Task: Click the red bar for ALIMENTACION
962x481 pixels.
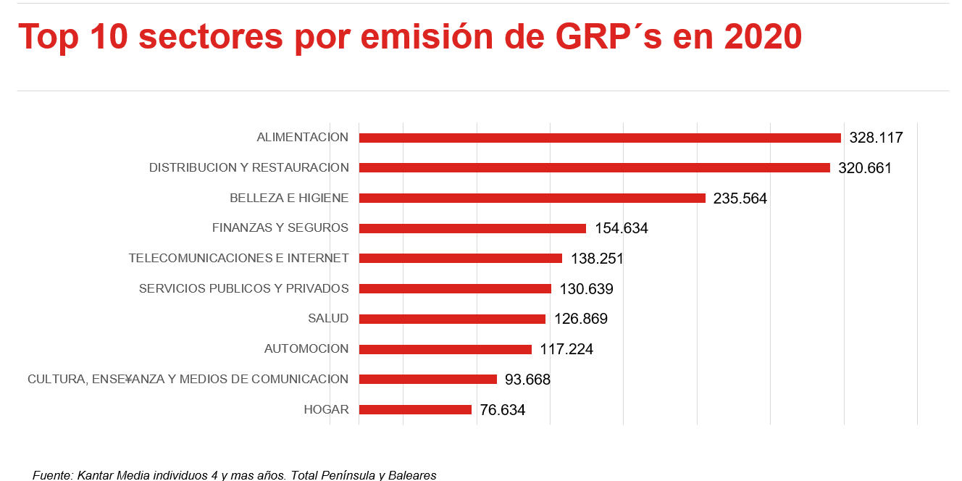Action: (x=600, y=138)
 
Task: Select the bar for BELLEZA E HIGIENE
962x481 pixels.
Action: (x=532, y=198)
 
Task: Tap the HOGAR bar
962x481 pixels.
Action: (x=415, y=409)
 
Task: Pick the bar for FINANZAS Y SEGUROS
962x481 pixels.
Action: (x=472, y=228)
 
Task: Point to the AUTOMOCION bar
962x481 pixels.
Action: (x=445, y=349)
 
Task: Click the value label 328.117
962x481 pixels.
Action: (x=877, y=138)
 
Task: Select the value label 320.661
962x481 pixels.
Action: (x=865, y=168)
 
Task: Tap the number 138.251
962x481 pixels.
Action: (x=597, y=259)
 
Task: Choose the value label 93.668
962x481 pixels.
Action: (x=527, y=380)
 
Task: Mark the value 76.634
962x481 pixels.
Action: (x=502, y=410)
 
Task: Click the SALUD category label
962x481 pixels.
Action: (x=328, y=318)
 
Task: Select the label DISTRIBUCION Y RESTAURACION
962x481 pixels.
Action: (x=248, y=167)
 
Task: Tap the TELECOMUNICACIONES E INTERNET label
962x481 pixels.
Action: (x=238, y=258)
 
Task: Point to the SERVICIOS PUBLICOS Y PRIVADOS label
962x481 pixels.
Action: (x=243, y=288)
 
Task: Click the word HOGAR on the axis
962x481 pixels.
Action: (x=326, y=409)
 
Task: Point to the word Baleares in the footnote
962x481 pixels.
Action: (x=412, y=475)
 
